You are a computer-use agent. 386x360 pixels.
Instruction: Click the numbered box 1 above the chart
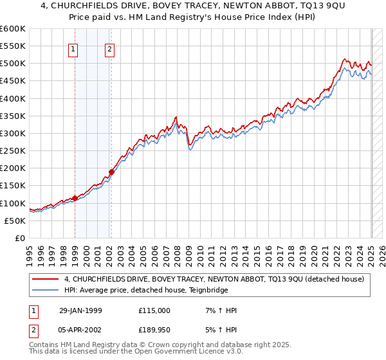(x=73, y=49)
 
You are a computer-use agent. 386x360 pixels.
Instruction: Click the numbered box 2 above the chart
(x=110, y=49)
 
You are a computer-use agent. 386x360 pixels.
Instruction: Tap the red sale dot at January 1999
(x=75, y=198)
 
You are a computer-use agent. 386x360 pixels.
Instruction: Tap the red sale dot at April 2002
(x=111, y=172)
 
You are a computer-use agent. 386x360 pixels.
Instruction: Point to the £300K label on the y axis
(x=13, y=133)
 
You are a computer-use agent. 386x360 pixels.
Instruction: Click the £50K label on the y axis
(x=15, y=221)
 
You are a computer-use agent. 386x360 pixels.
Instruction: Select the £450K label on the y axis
(x=13, y=81)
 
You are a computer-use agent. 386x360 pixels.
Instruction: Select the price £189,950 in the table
(x=154, y=331)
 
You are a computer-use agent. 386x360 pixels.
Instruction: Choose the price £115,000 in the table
(x=154, y=310)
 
